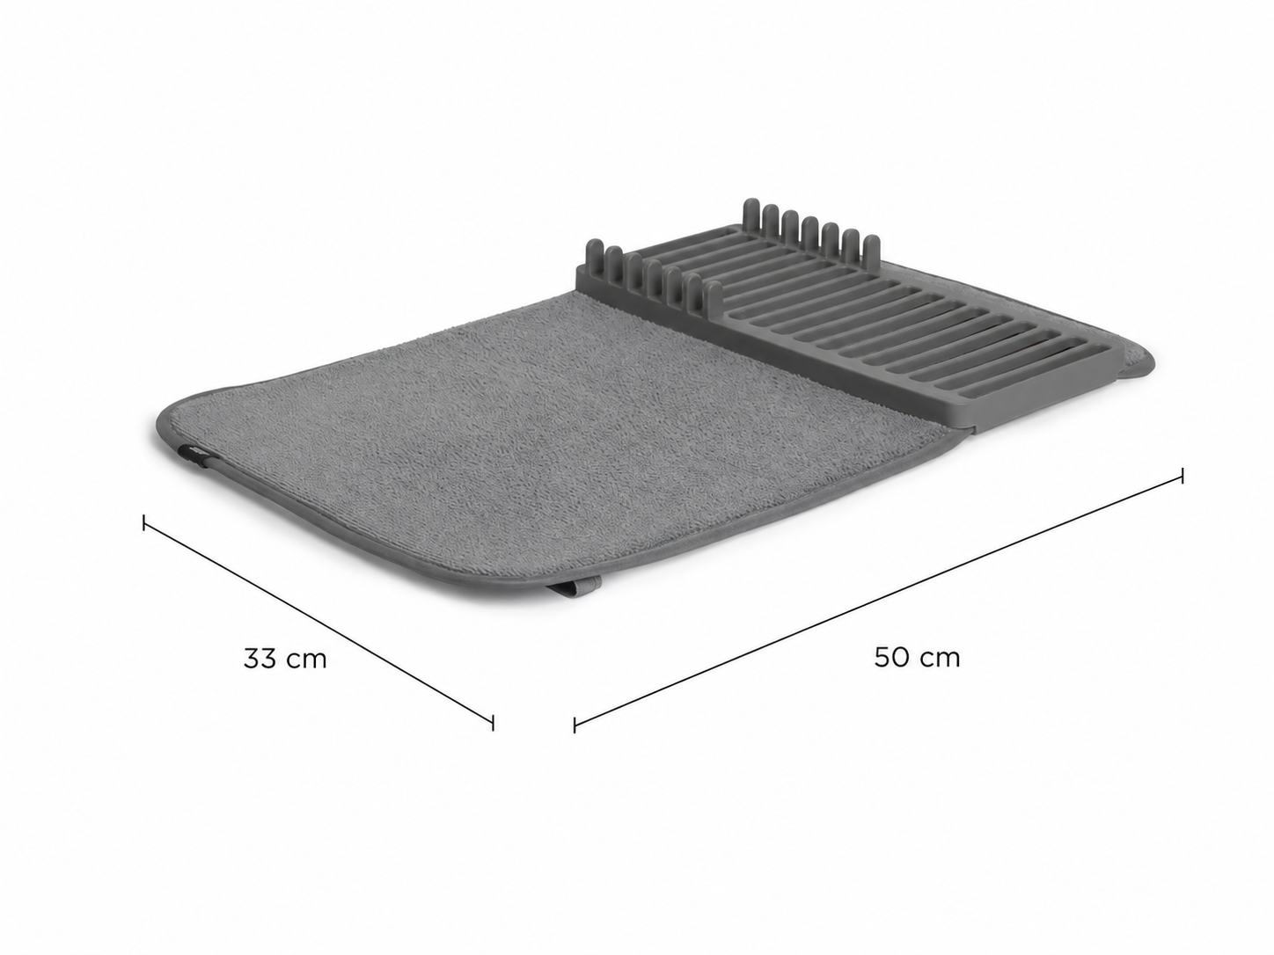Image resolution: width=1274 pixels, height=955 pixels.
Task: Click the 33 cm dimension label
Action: (x=285, y=660)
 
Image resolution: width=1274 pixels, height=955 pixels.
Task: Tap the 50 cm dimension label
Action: (x=917, y=658)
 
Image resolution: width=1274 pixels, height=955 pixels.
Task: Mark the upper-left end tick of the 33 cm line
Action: (x=144, y=521)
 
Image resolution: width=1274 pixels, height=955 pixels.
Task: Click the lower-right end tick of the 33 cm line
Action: (x=493, y=723)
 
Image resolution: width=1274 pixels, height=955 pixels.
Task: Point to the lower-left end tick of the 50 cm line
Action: (x=575, y=725)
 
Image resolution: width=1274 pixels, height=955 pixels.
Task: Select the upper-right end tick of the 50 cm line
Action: (x=1182, y=476)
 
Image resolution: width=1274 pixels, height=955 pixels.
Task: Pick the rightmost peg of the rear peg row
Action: (x=871, y=253)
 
